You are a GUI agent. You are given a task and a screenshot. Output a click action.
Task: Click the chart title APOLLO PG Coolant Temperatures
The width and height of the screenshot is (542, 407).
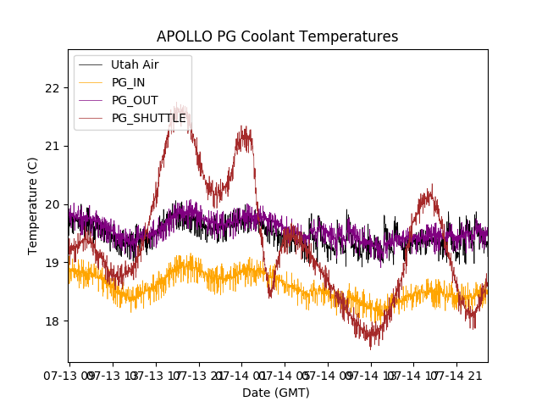tap(277, 36)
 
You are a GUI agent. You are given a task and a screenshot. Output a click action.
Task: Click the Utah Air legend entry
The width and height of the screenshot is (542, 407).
tap(135, 64)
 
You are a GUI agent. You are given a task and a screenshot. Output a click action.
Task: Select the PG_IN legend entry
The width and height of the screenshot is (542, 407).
tap(129, 82)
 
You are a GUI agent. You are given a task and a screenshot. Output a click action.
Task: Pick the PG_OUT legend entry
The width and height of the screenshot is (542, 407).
tap(135, 100)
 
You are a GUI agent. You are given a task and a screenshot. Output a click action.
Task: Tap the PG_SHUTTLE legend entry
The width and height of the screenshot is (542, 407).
tap(149, 118)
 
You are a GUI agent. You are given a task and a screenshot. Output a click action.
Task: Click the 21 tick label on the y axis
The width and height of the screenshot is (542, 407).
tap(53, 146)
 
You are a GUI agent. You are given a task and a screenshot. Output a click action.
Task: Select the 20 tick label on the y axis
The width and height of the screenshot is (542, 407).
tap(53, 204)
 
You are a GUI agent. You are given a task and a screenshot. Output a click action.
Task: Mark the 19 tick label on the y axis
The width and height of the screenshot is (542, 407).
tap(53, 263)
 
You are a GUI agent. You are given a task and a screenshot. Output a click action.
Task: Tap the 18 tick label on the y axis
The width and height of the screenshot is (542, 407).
tap(53, 321)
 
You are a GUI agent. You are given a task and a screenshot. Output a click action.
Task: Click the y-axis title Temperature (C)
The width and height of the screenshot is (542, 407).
tap(33, 205)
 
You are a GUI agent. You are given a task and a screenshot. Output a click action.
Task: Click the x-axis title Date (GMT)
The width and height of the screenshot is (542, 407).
tap(276, 393)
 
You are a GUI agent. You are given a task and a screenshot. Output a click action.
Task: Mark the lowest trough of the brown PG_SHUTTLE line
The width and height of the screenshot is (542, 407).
tap(371, 346)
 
